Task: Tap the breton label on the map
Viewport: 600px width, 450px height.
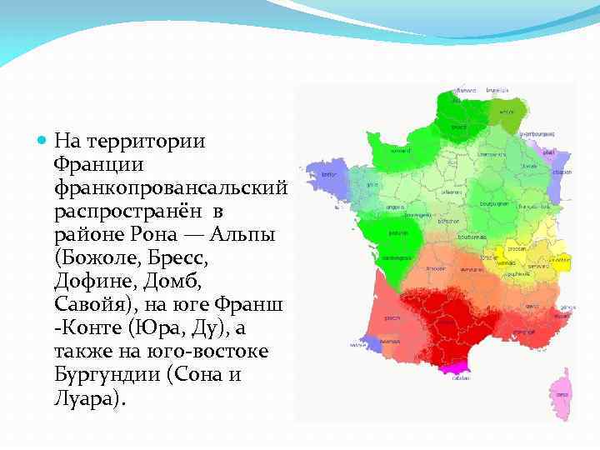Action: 327,174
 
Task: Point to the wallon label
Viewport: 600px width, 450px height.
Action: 506,111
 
